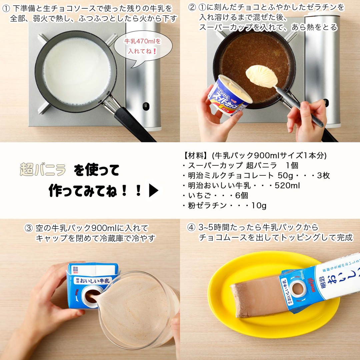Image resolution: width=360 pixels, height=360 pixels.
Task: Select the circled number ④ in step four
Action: click(191, 228)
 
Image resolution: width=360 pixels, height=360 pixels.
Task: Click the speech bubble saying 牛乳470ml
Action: click(143, 47)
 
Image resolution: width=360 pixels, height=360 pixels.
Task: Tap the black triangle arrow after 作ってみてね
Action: click(153, 191)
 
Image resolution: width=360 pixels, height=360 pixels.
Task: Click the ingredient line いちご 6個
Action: click(215, 196)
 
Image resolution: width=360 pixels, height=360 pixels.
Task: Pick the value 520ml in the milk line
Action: click(287, 186)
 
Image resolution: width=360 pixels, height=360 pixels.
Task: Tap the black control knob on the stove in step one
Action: click(146, 106)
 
